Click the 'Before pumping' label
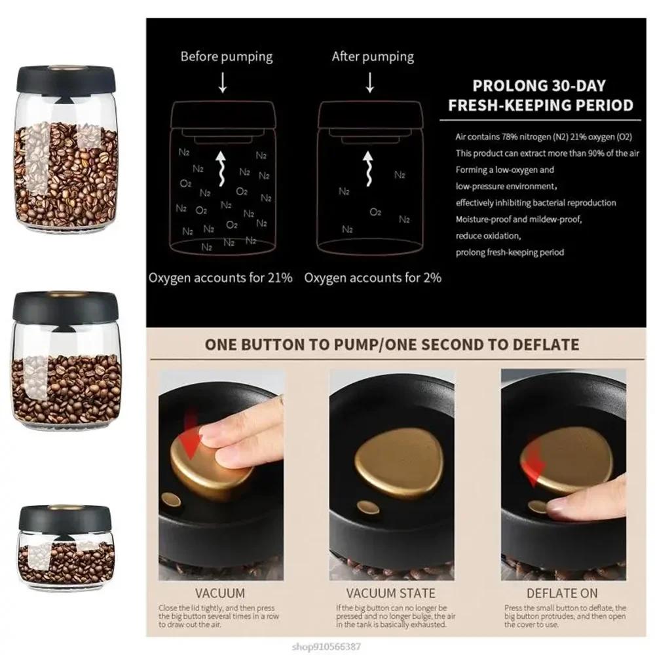point(226,56)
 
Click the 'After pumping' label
point(372,56)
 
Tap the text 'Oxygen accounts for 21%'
point(220,277)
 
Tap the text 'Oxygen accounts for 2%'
point(373,277)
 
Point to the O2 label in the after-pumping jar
point(375,212)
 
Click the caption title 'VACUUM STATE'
point(390,593)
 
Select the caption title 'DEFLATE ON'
point(563,593)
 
